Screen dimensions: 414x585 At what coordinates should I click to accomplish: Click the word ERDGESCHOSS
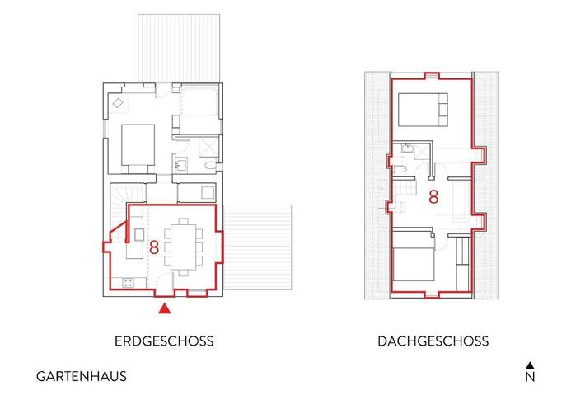pyautogui.click(x=166, y=341)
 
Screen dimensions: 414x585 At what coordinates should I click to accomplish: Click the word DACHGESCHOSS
pyautogui.click(x=433, y=341)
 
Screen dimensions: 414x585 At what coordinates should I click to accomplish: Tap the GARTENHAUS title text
pyautogui.click(x=81, y=376)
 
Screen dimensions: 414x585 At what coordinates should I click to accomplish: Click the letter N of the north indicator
pyautogui.click(x=531, y=379)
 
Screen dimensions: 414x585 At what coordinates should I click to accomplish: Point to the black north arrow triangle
pyautogui.click(x=531, y=365)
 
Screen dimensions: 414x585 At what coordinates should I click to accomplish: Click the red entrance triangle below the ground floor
pyautogui.click(x=166, y=308)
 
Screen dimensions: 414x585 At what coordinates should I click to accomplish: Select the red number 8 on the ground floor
pyautogui.click(x=154, y=246)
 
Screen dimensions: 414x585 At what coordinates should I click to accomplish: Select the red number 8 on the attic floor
pyautogui.click(x=433, y=198)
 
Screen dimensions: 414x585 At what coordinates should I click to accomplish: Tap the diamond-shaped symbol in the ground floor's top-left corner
pyautogui.click(x=118, y=103)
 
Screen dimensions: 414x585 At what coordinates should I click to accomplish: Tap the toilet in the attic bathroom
pyautogui.click(x=400, y=168)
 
